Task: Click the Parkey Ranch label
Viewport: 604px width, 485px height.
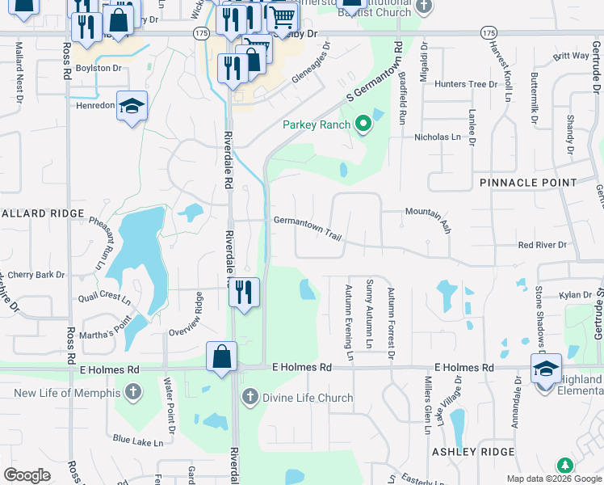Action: [317, 124]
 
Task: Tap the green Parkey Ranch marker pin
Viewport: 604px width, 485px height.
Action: [363, 124]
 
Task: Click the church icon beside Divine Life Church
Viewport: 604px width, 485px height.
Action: [250, 397]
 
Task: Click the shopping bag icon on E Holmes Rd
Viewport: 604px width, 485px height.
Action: [221, 356]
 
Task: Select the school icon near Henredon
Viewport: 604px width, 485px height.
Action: [132, 106]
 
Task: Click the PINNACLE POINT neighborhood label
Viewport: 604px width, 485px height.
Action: [529, 183]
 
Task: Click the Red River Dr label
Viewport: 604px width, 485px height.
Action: [543, 244]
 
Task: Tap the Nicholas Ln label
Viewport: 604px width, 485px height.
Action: [437, 137]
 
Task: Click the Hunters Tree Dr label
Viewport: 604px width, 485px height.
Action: [466, 84]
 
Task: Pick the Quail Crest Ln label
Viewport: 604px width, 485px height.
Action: [104, 297]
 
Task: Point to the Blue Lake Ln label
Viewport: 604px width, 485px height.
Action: [138, 441]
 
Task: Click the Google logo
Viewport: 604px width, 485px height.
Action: [27, 475]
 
